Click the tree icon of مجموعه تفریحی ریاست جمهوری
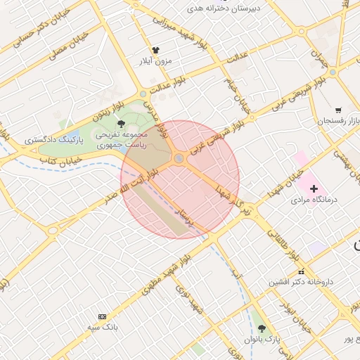(x=121, y=124)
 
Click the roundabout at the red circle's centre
(x=180, y=159)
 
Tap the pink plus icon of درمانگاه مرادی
(x=314, y=188)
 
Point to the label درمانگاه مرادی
(x=314, y=200)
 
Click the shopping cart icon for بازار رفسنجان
(x=338, y=110)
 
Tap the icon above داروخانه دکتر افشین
(x=301, y=271)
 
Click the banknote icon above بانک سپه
(x=103, y=317)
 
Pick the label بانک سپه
(x=103, y=328)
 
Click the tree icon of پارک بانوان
(x=262, y=328)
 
